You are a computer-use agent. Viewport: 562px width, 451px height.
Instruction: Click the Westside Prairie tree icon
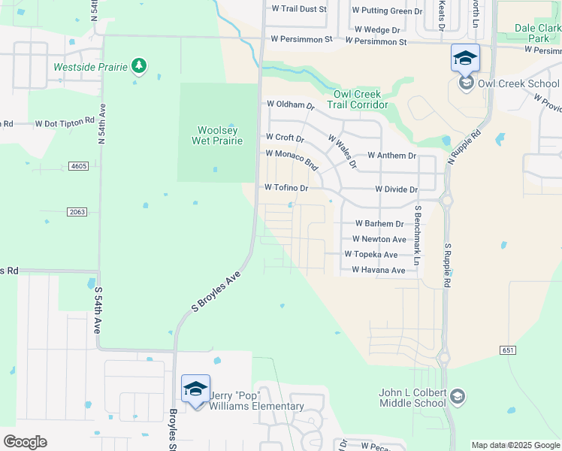click(138, 66)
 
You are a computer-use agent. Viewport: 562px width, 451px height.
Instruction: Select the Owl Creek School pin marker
click(465, 58)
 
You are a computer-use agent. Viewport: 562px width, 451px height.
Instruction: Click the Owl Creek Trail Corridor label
click(358, 99)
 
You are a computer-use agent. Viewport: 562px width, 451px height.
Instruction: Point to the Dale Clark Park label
click(538, 32)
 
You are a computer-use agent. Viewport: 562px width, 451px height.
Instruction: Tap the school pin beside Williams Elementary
click(195, 389)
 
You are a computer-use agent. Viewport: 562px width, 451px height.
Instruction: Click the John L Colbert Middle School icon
click(458, 396)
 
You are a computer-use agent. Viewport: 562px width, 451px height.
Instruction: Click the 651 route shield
click(508, 350)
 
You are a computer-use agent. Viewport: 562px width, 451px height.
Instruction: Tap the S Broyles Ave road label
click(216, 291)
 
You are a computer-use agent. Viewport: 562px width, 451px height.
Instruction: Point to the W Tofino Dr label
click(287, 188)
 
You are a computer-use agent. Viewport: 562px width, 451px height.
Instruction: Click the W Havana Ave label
click(379, 270)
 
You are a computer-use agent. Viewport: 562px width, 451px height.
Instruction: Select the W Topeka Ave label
click(371, 255)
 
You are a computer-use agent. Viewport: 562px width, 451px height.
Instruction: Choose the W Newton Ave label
click(379, 240)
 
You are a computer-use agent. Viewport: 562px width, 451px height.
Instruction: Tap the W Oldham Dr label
click(290, 105)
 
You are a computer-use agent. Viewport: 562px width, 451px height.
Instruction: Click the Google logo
click(25, 442)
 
